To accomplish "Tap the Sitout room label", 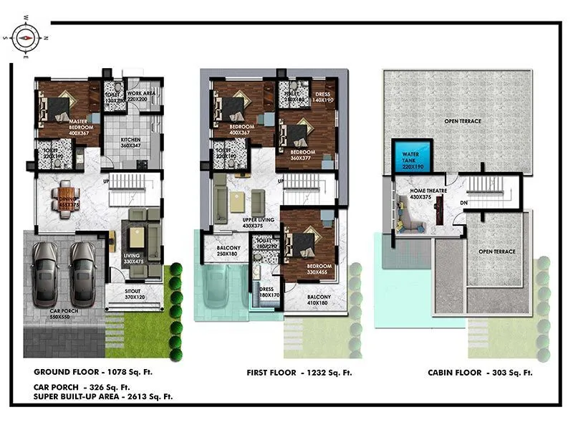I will [x=134, y=294].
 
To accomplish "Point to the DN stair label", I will [x=464, y=203].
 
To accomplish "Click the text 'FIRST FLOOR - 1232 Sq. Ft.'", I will [x=299, y=373].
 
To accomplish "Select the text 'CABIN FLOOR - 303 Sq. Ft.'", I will [x=480, y=373].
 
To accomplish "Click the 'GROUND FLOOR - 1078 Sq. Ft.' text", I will [x=93, y=373].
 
